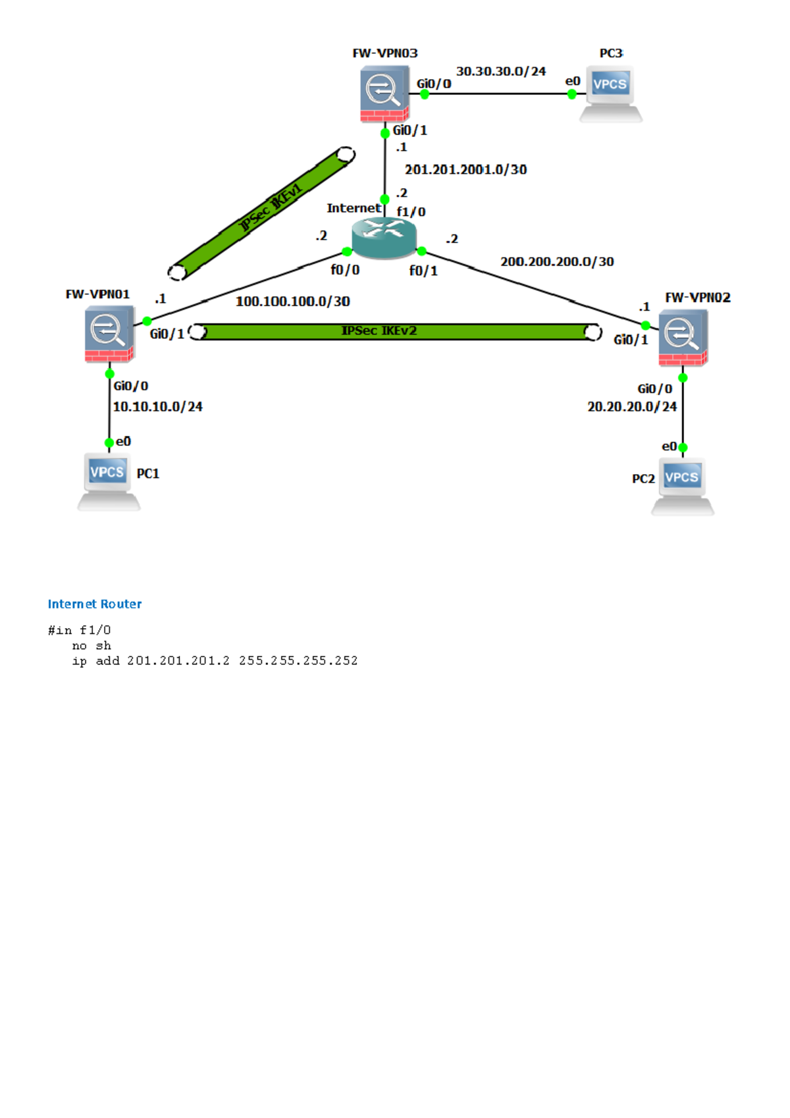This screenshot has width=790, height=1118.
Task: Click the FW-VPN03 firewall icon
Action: [x=384, y=93]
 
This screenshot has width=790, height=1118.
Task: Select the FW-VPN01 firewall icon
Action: [x=109, y=334]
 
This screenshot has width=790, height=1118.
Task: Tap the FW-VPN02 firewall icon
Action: [x=683, y=338]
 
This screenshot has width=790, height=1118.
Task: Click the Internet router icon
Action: [x=384, y=238]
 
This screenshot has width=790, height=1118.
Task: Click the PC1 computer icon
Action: [x=108, y=481]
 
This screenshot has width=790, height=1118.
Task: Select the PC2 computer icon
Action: [x=682, y=486]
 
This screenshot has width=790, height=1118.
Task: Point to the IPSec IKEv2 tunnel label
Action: [x=379, y=331]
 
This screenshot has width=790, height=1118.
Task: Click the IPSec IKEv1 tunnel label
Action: [x=271, y=207]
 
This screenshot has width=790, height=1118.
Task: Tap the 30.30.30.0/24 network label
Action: [x=501, y=71]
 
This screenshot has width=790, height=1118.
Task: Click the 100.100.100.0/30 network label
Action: [x=292, y=302]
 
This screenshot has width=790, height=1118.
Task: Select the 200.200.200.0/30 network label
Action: [x=557, y=261]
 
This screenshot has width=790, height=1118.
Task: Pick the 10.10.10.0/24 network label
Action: [x=157, y=407]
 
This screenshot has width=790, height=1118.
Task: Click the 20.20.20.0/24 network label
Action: [x=632, y=407]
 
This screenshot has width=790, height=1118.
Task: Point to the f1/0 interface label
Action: [x=411, y=212]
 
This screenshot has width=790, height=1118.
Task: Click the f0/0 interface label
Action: [x=345, y=270]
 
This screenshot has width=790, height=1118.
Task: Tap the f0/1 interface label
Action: [x=423, y=271]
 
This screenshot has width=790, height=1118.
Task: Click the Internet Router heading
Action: [x=95, y=604]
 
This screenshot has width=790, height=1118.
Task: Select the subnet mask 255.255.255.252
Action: [x=298, y=660]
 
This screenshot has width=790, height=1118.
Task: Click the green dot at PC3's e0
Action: [x=571, y=94]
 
